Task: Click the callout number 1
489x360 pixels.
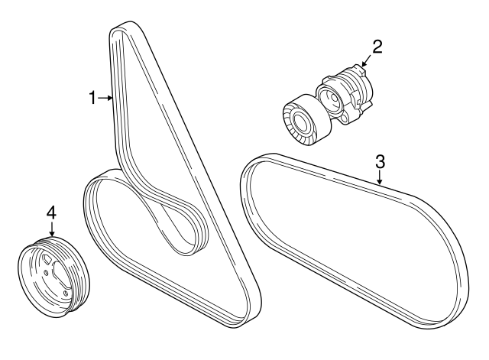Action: (92, 98)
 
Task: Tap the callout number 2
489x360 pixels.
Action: (377, 47)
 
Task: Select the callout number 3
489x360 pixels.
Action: (380, 161)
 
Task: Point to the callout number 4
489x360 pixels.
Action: (51, 213)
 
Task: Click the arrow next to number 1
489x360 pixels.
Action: (105, 98)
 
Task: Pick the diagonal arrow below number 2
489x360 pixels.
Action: (366, 60)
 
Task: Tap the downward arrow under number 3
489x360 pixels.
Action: (380, 177)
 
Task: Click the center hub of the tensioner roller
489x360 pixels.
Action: (302, 122)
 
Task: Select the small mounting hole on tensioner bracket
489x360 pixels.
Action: (345, 118)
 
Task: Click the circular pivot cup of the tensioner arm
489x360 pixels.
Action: (330, 99)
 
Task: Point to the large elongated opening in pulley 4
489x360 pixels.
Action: (60, 274)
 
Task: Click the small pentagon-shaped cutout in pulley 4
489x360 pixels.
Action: (47, 258)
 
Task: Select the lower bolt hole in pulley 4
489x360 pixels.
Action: (66, 294)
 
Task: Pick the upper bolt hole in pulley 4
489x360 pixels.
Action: (46, 273)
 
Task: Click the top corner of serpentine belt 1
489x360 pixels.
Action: (129, 24)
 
